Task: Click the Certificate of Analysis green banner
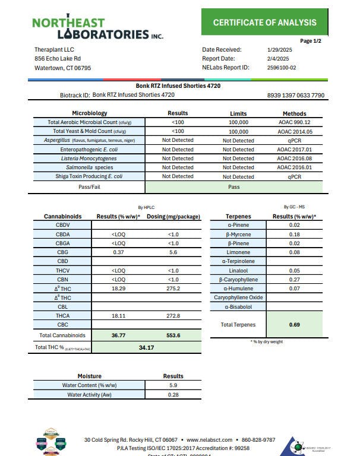coord(265,23)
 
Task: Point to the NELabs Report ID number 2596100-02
coord(282,67)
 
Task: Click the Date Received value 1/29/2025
coord(279,50)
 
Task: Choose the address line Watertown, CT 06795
coord(62,68)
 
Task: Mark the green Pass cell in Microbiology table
coord(233,186)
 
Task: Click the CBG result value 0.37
coord(118,252)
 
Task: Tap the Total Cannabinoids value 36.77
coord(118,335)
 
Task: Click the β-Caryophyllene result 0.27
coord(295,279)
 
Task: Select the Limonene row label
coord(238,252)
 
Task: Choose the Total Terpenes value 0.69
coord(295,325)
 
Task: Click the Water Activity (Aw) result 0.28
coord(173,395)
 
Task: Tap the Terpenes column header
coord(239,217)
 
